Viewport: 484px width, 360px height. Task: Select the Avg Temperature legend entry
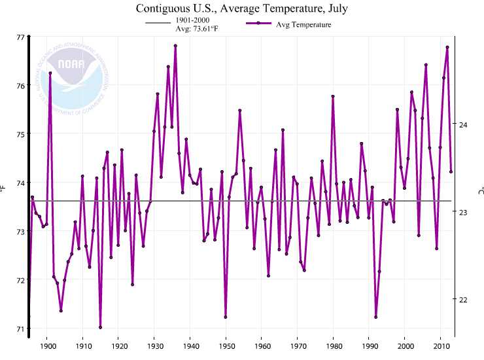[288, 24]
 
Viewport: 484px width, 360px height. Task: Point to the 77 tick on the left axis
[20, 37]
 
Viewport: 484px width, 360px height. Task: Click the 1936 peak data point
[175, 46]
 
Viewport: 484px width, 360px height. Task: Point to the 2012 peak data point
[447, 47]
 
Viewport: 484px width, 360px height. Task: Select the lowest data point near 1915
[100, 327]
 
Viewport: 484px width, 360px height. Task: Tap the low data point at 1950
[226, 317]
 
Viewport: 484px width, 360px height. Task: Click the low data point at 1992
[376, 317]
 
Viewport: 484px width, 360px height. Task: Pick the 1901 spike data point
[50, 73]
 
